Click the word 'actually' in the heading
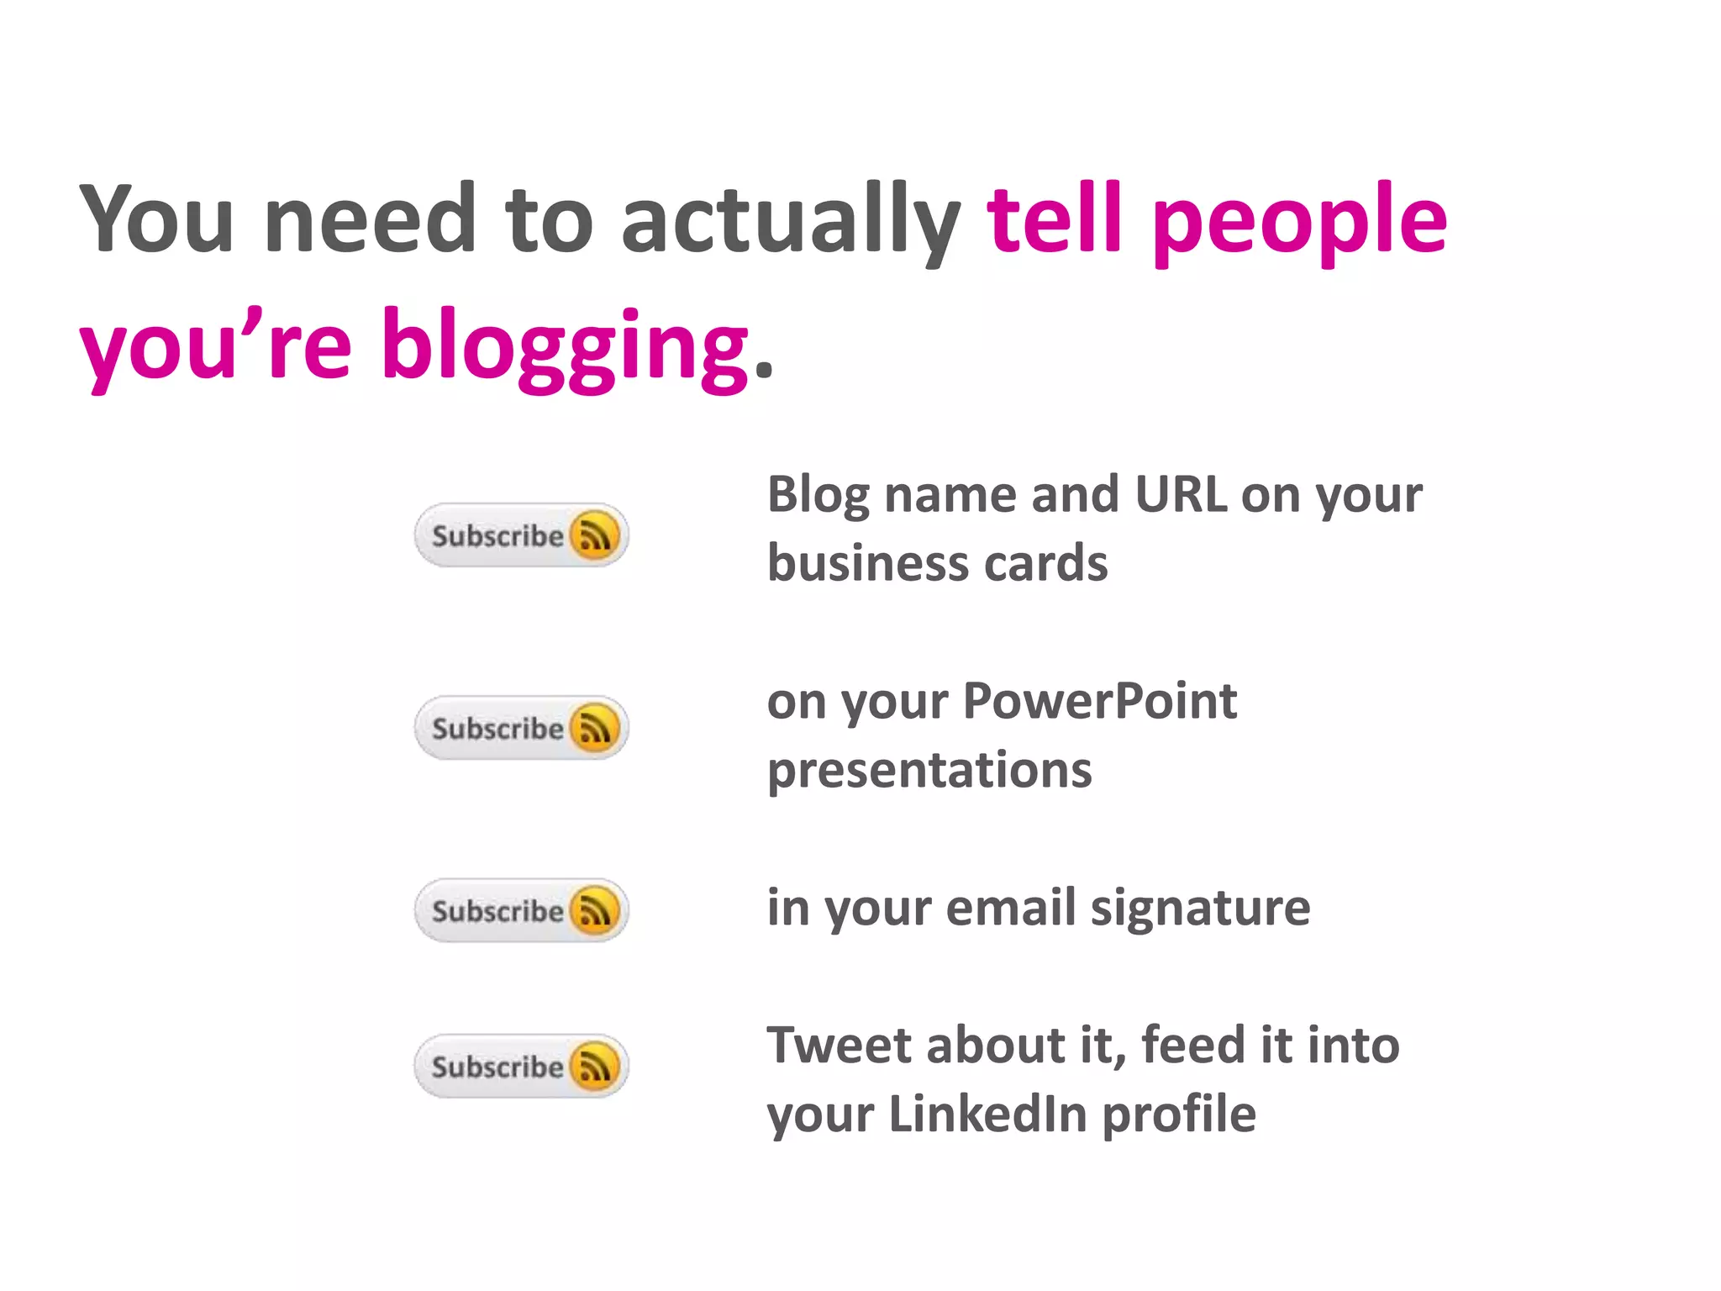coord(790,220)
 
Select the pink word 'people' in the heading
coord(1300,220)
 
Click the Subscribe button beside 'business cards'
coord(521,535)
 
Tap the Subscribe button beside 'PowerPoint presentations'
coord(521,728)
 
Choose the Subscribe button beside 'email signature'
coord(521,910)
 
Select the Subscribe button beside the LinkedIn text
coord(521,1066)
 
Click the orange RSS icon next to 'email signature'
coord(595,910)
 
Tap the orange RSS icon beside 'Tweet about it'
coord(595,1066)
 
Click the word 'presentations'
coord(929,770)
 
